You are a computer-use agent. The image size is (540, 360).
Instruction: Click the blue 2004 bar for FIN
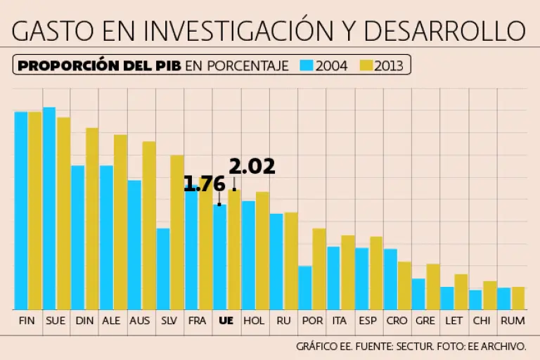pyautogui.click(x=21, y=210)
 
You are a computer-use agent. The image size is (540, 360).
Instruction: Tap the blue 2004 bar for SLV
pyautogui.click(x=163, y=269)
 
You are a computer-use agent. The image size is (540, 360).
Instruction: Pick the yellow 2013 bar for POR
pyautogui.click(x=319, y=269)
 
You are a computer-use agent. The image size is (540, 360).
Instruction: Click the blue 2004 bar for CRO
pyautogui.click(x=390, y=279)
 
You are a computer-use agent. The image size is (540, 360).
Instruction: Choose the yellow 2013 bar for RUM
pyautogui.click(x=518, y=298)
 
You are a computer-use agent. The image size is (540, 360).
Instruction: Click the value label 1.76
pyautogui.click(x=205, y=184)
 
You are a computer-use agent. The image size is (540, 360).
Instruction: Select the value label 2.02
pyautogui.click(x=252, y=167)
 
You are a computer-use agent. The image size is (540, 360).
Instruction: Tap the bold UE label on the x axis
pyautogui.click(x=226, y=321)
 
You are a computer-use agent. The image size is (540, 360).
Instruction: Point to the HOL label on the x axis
pyautogui.click(x=254, y=321)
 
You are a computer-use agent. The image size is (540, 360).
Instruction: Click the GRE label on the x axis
pyautogui.click(x=425, y=321)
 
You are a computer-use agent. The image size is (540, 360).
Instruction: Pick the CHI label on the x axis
pyautogui.click(x=482, y=321)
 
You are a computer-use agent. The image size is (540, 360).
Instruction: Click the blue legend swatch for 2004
pyautogui.click(x=307, y=65)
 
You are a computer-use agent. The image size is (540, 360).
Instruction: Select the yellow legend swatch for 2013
pyautogui.click(x=366, y=65)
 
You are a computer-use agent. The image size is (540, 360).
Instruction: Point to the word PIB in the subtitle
pyautogui.click(x=167, y=65)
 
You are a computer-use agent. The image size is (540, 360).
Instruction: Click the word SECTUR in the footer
pyautogui.click(x=413, y=347)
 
